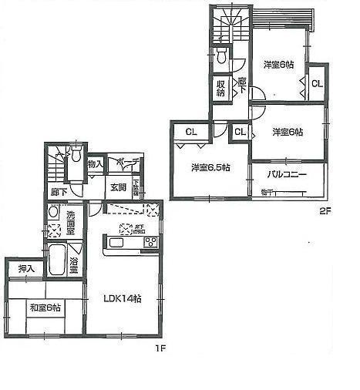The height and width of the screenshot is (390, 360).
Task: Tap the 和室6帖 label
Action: [x=45, y=308]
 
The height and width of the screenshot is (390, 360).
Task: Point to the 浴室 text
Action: [x=75, y=261]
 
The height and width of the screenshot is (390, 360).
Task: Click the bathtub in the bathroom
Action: [x=57, y=260]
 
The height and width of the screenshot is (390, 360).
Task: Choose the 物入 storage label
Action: [x=95, y=163]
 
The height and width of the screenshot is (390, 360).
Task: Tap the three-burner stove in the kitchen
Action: [x=150, y=242]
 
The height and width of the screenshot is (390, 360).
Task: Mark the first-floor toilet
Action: [x=76, y=153]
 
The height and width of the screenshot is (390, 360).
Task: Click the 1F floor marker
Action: [x=160, y=348]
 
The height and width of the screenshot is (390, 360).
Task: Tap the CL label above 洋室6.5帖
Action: [x=190, y=132]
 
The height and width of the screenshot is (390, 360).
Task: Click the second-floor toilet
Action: [x=221, y=55]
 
